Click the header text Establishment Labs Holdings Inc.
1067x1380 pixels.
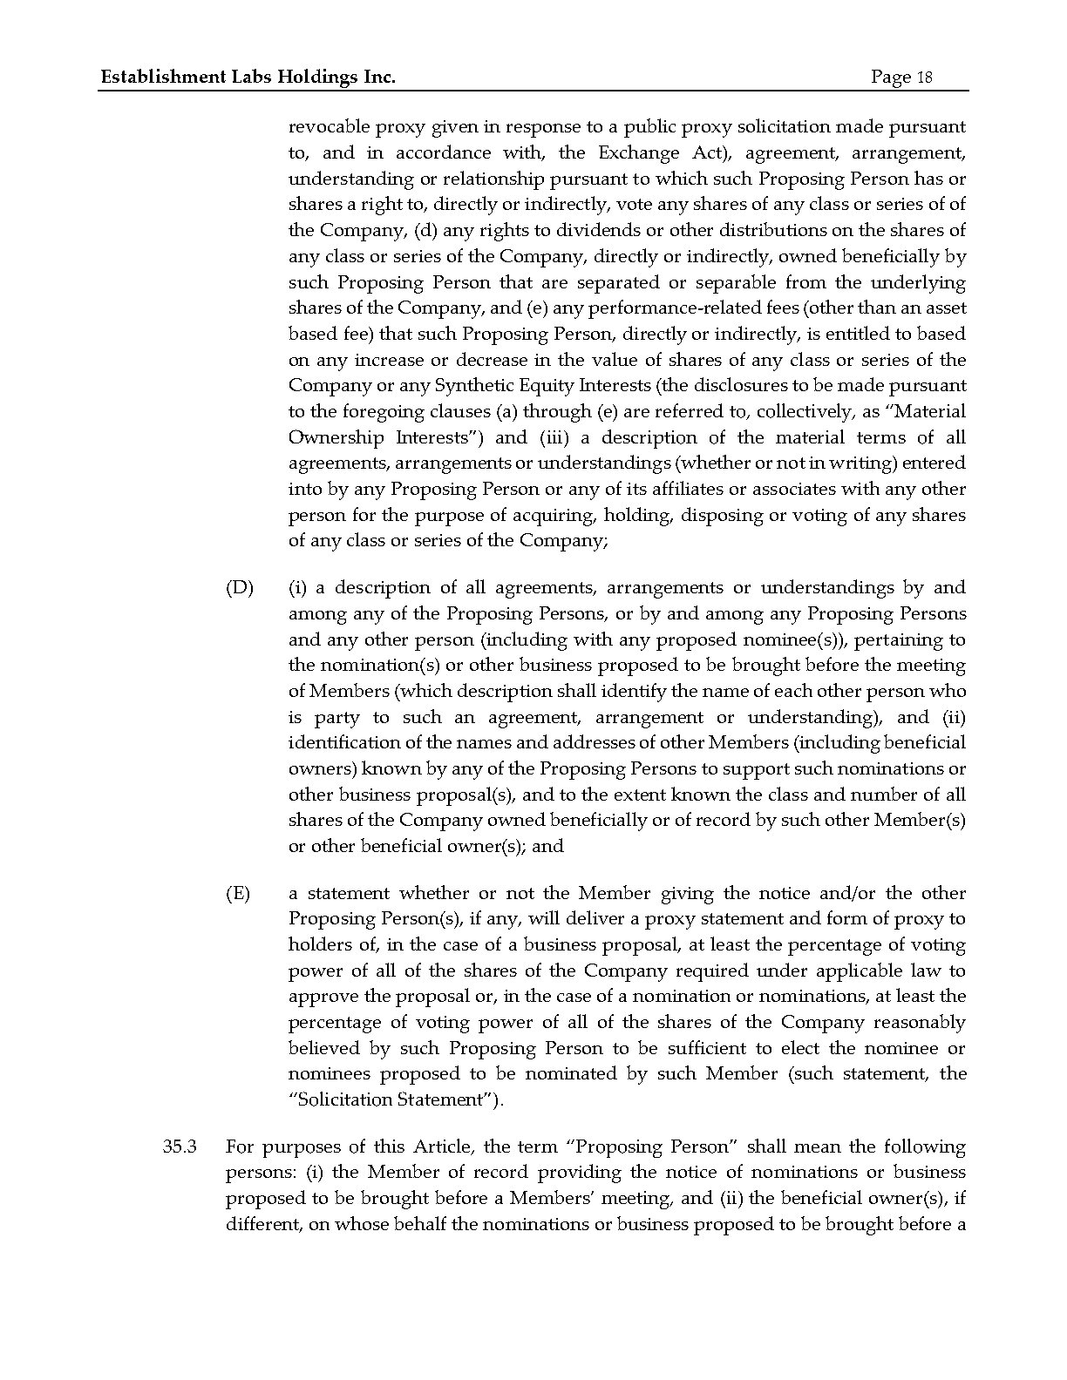pos(248,78)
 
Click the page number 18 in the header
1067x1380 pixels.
pos(923,78)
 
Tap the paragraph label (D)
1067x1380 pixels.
pos(239,588)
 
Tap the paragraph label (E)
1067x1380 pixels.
pos(238,893)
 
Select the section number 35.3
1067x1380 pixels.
pos(180,1147)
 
